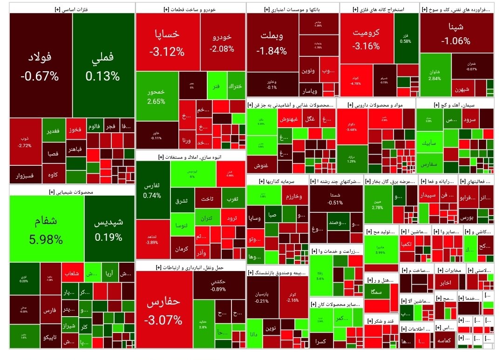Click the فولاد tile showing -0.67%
pos(40,65)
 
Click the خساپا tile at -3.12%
pos(167,42)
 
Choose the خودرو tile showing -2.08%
pos(222,42)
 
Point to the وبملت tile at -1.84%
pos(272,42)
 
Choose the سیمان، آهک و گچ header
pos(458,105)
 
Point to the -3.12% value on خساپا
pos(167,52)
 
